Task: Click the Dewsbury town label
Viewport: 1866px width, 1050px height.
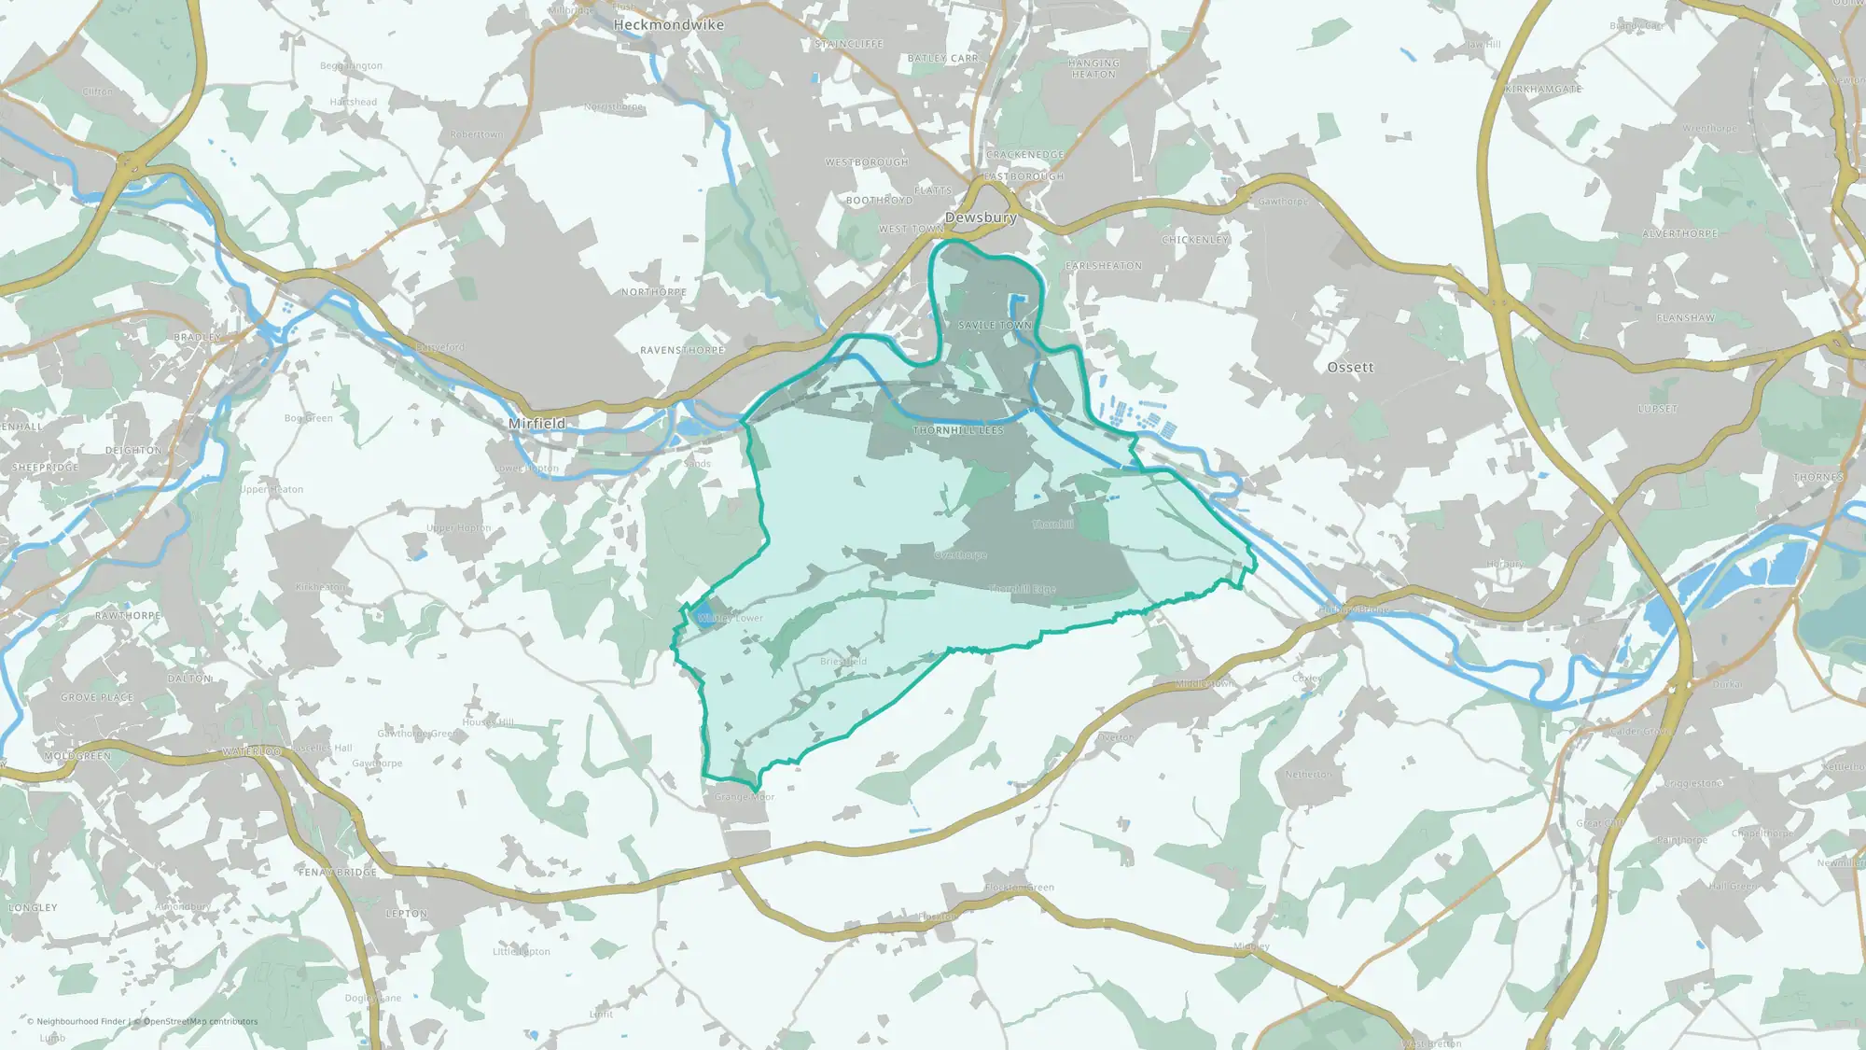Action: click(x=981, y=217)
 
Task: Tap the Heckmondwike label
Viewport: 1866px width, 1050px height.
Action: click(x=668, y=25)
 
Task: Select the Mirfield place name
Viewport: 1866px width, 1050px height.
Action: click(x=536, y=424)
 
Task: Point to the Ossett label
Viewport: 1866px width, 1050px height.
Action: click(x=1350, y=368)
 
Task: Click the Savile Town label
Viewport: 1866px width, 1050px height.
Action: click(x=995, y=326)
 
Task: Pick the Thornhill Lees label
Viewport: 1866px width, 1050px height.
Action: click(x=958, y=430)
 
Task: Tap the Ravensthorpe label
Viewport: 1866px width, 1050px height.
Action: click(x=682, y=351)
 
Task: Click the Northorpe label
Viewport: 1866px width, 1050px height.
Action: click(x=654, y=292)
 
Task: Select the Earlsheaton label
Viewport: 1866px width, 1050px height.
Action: click(x=1104, y=266)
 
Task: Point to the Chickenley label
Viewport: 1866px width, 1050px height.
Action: click(x=1195, y=240)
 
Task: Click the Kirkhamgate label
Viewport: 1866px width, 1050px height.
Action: click(x=1543, y=90)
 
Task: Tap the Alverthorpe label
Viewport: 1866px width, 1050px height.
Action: click(x=1679, y=233)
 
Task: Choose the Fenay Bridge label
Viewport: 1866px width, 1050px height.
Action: click(x=338, y=872)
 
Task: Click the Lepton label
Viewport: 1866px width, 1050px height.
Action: click(x=407, y=914)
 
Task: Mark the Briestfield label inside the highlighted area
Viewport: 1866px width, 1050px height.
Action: click(x=843, y=662)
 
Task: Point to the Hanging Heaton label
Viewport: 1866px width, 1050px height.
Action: click(x=1093, y=68)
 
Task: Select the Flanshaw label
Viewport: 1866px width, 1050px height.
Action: click(x=1685, y=318)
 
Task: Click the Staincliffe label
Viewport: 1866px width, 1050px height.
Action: click(x=849, y=44)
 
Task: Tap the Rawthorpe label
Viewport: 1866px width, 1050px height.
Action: click(x=128, y=616)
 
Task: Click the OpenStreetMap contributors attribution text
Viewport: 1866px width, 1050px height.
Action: click(x=201, y=1021)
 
